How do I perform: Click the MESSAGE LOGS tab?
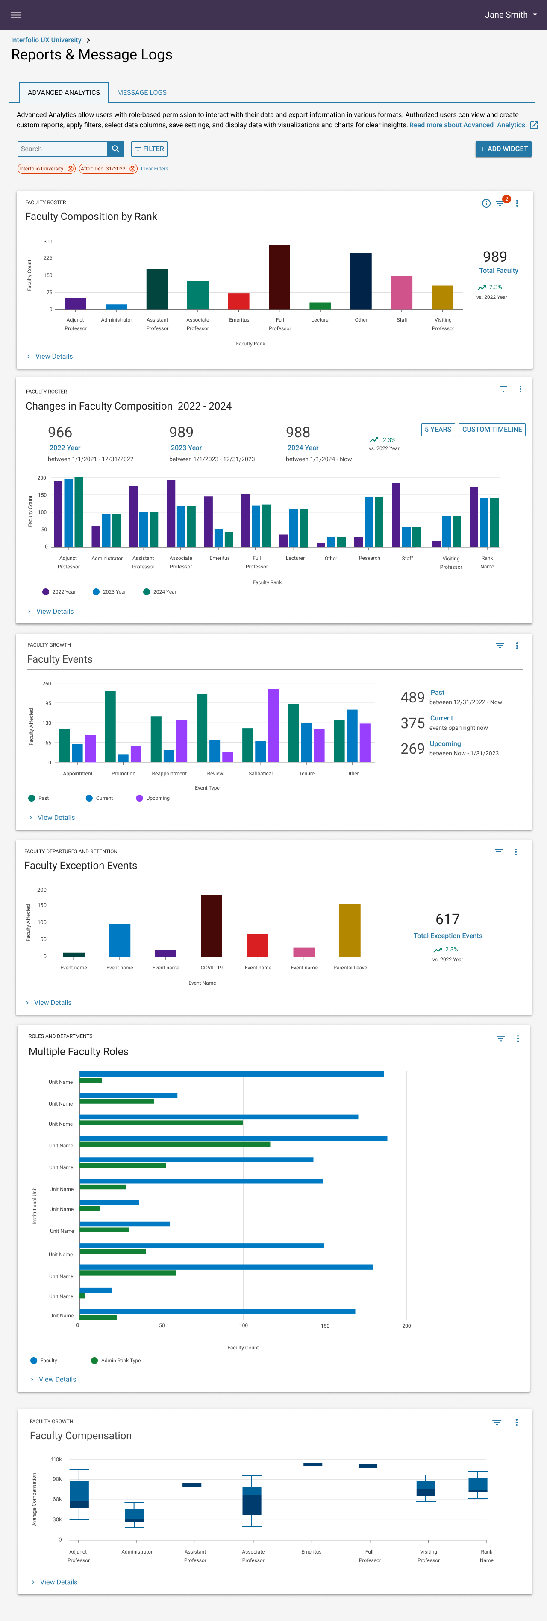point(141,93)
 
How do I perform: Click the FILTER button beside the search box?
point(149,149)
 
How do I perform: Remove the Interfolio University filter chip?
point(71,169)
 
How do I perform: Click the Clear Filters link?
point(154,169)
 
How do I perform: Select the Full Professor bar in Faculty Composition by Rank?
point(279,277)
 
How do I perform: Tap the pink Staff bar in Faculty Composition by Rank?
point(402,293)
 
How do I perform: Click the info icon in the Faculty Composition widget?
point(486,203)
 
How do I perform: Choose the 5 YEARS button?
point(438,429)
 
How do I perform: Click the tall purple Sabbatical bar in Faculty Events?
point(273,725)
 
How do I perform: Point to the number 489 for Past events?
point(412,697)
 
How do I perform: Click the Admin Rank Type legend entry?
point(116,1361)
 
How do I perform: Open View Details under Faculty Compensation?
point(58,1582)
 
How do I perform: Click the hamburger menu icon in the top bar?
point(16,15)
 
